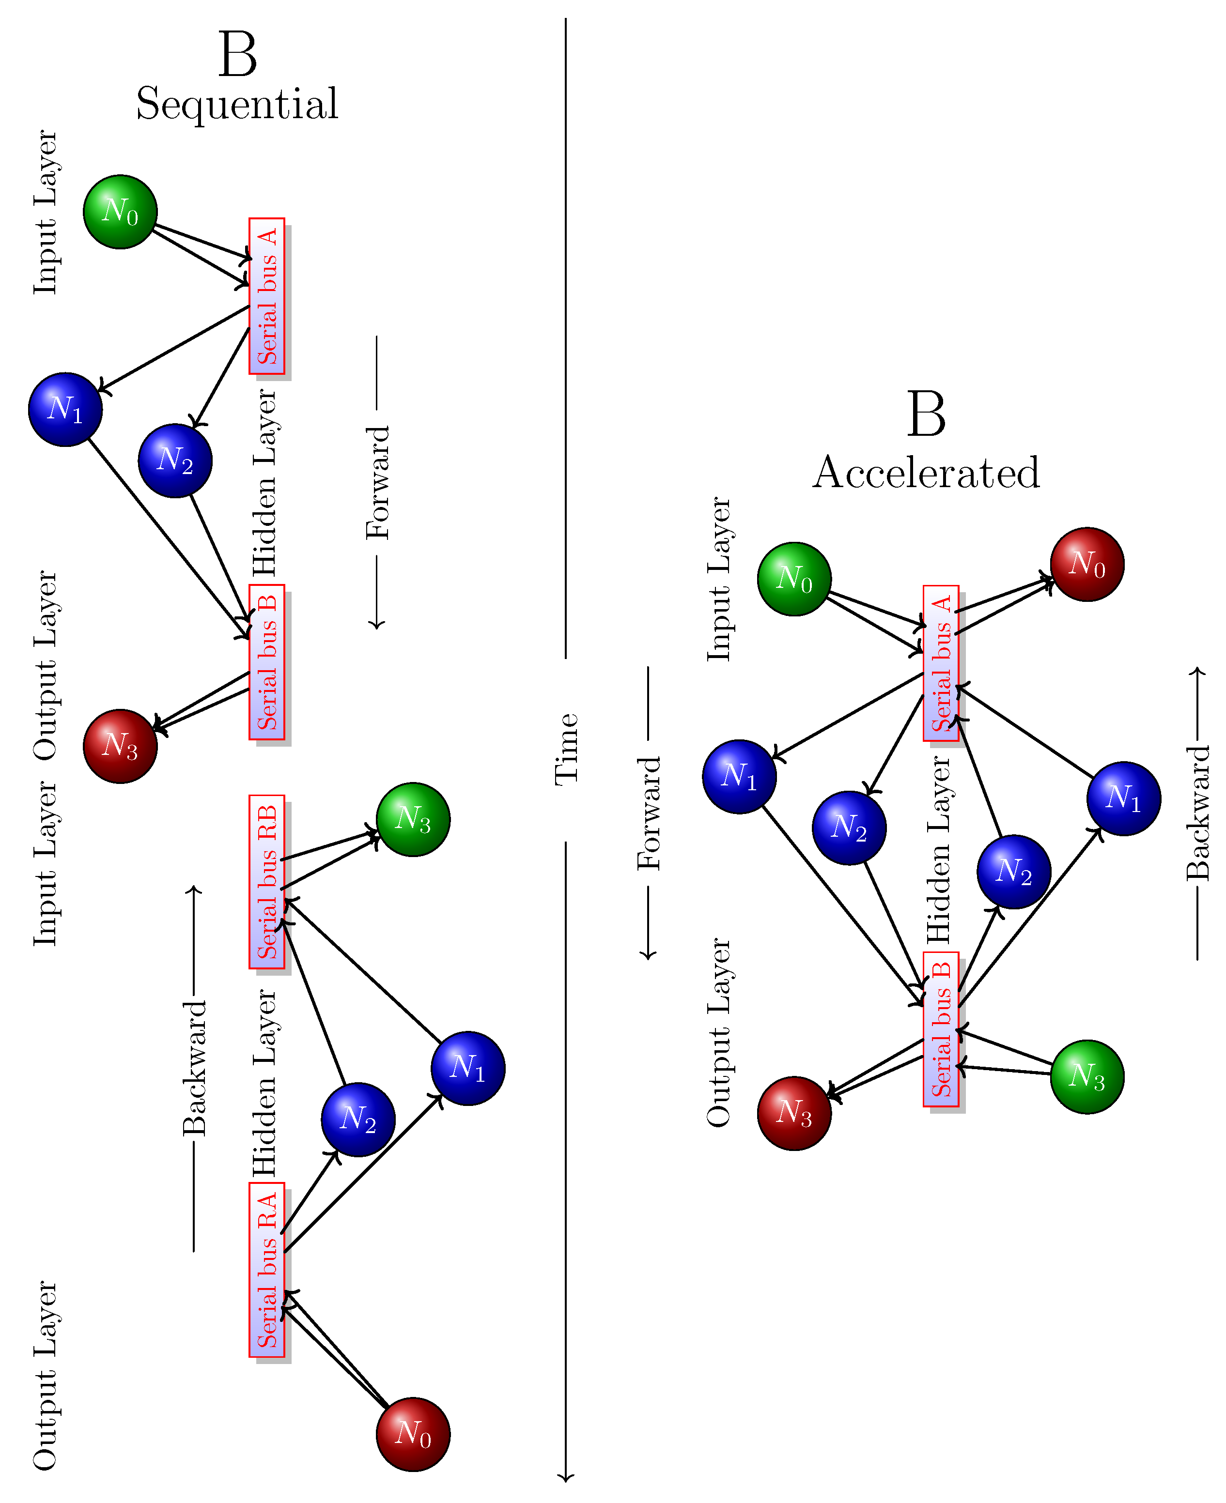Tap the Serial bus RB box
[267, 881]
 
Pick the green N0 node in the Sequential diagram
[120, 212]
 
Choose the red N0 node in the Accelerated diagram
[1087, 564]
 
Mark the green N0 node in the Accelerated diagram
[794, 579]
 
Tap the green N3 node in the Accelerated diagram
[1087, 1076]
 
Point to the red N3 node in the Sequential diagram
[120, 746]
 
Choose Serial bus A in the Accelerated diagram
[941, 663]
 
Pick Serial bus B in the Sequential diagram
[267, 662]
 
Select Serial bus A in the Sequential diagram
[267, 296]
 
